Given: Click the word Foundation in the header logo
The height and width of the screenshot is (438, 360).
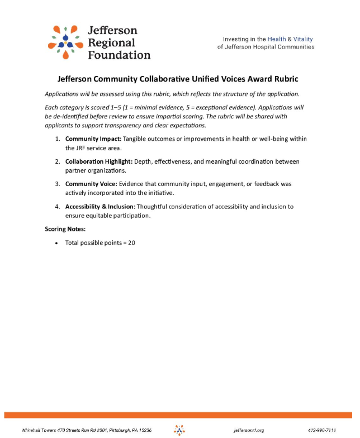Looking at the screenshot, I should point(119,55).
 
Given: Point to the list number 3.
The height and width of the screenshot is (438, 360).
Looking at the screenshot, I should point(58,184).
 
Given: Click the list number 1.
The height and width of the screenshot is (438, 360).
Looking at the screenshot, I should point(58,139).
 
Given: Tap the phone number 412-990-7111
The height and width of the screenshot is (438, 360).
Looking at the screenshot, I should point(321,430).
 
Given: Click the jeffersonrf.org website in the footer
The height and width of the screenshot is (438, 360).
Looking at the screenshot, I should point(249,430).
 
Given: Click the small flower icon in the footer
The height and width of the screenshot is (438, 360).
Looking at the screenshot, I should point(179,430).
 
